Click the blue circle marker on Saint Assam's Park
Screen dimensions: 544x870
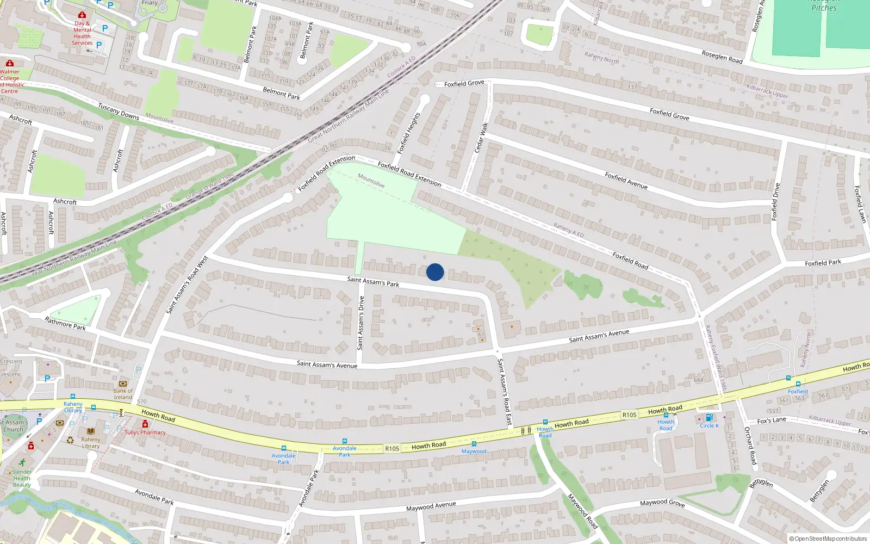click(x=435, y=272)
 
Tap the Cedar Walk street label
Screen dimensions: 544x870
click(x=481, y=137)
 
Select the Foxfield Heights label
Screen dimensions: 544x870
click(x=409, y=133)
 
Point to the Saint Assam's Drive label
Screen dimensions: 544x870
click(x=361, y=323)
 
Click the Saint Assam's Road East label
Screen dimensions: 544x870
click(x=505, y=392)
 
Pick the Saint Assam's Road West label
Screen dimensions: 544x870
click(x=187, y=285)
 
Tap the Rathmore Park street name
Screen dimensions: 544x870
click(x=65, y=324)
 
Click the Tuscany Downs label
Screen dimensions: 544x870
click(x=119, y=111)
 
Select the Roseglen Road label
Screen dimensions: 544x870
click(x=722, y=57)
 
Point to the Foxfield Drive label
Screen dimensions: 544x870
click(x=776, y=202)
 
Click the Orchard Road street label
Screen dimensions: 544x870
click(x=750, y=446)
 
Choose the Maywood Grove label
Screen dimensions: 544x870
click(x=662, y=503)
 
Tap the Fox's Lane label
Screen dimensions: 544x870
click(x=772, y=421)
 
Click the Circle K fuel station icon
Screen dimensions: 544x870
click(x=709, y=418)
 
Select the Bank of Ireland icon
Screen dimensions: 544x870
click(x=123, y=384)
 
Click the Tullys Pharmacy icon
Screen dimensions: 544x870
click(x=145, y=424)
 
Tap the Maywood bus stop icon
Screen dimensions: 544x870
click(x=474, y=444)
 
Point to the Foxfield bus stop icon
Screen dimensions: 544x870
click(x=798, y=384)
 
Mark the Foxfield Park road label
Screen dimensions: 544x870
click(x=823, y=263)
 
